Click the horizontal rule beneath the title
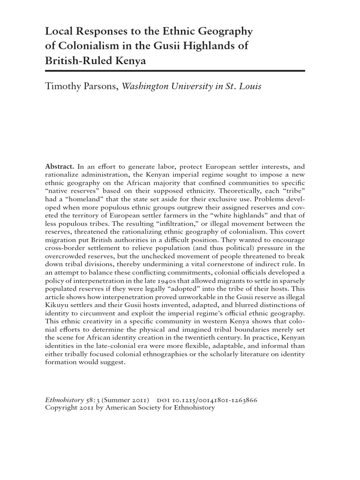175,71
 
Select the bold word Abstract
59,166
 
